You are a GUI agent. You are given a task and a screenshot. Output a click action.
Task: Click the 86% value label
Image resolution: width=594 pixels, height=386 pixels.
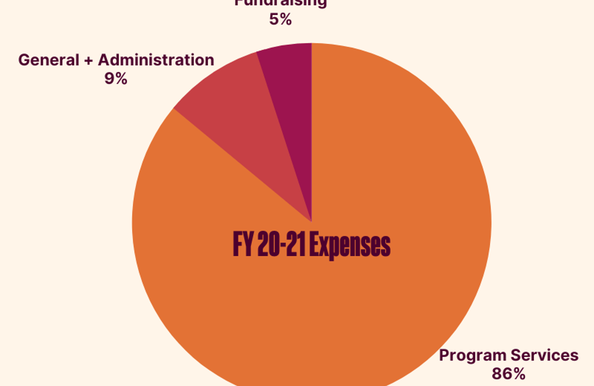click(508, 374)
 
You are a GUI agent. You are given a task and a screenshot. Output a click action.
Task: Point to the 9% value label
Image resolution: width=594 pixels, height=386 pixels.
click(116, 78)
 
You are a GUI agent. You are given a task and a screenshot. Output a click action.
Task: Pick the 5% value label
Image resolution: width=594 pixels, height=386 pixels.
click(280, 20)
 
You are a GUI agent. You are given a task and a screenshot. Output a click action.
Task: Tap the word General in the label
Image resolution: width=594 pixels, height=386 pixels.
click(48, 60)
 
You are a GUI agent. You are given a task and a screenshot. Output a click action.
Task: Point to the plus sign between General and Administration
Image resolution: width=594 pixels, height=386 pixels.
click(88, 61)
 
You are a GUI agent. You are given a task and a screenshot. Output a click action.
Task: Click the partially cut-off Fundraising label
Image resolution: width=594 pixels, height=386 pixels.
click(280, 3)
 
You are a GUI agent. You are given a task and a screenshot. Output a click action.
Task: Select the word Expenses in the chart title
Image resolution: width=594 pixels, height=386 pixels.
click(351, 245)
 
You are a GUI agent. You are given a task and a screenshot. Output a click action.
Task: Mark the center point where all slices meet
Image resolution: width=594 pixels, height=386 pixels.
click(312, 222)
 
